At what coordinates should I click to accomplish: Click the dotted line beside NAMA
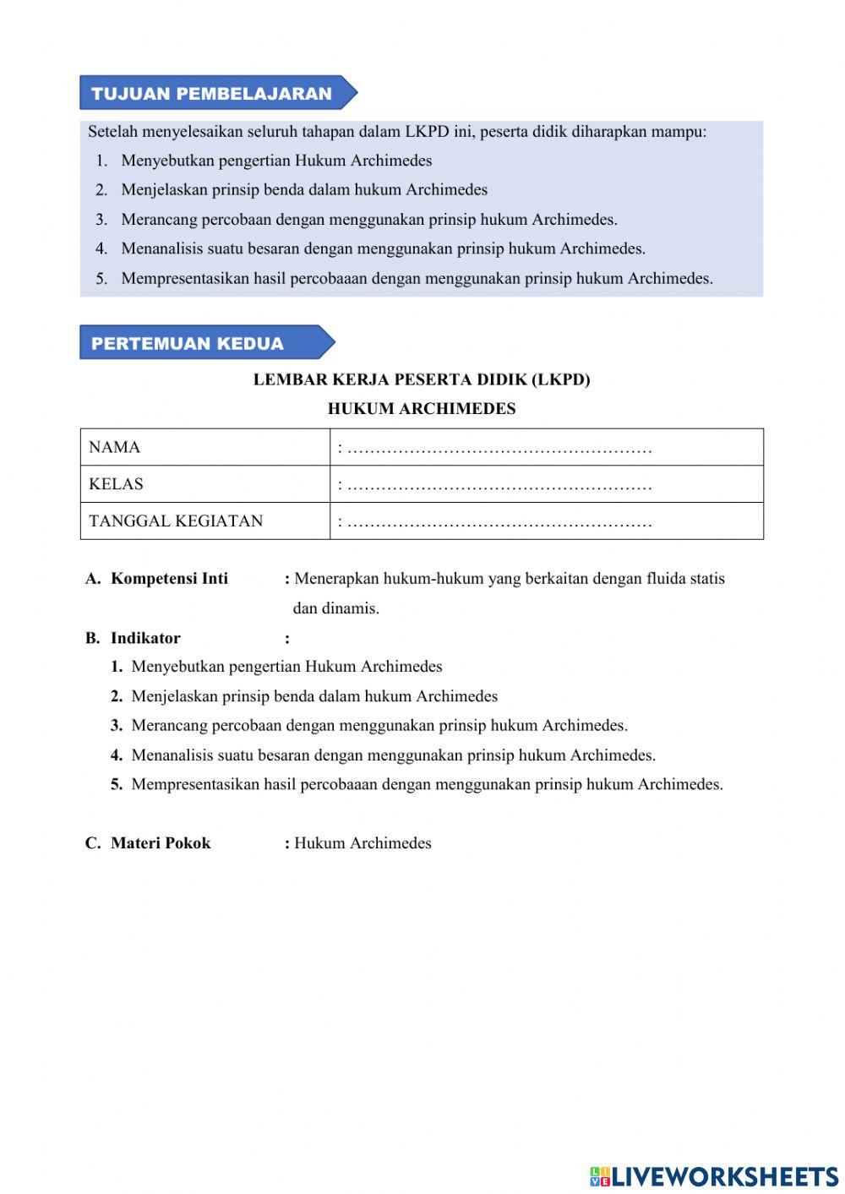pyautogui.click(x=499, y=449)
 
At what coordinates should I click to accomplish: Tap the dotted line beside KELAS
pyautogui.click(x=499, y=486)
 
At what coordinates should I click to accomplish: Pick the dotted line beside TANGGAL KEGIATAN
pyautogui.click(x=499, y=522)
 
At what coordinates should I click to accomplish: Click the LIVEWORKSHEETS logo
pyautogui.click(x=714, y=1176)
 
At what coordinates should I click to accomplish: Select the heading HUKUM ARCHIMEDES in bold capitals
pyautogui.click(x=422, y=409)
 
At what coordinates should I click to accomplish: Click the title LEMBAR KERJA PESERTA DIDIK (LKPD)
pyautogui.click(x=422, y=379)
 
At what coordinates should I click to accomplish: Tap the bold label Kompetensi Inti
pyautogui.click(x=169, y=579)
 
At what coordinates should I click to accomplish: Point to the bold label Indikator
pyautogui.click(x=145, y=638)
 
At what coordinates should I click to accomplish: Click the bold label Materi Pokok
pyautogui.click(x=161, y=842)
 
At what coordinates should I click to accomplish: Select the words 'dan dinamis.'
pyautogui.click(x=335, y=608)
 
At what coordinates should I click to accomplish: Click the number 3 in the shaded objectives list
pyautogui.click(x=101, y=220)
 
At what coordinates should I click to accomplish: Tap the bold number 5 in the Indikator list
pyautogui.click(x=117, y=784)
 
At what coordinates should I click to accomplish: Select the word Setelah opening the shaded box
pyautogui.click(x=112, y=132)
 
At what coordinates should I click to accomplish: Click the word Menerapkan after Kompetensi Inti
pyautogui.click(x=336, y=579)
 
